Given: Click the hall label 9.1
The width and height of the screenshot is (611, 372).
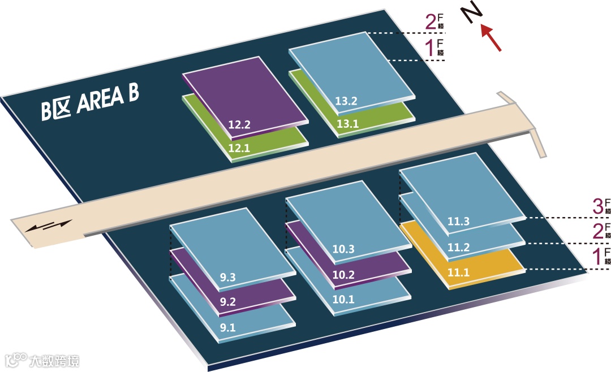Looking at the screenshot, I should [x=228, y=326].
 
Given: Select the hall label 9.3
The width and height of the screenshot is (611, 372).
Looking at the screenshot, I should [x=228, y=278].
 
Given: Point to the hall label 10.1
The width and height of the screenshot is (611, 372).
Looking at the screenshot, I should [x=343, y=299].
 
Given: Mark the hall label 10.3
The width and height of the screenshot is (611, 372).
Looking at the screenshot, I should [x=343, y=249].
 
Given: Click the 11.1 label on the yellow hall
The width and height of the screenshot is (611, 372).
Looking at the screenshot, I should [x=459, y=272].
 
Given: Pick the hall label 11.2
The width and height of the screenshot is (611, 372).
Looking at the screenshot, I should [x=459, y=247].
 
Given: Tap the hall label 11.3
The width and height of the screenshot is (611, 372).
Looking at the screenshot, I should [x=459, y=222].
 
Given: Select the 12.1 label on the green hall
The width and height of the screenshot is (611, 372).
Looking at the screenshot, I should [x=239, y=148].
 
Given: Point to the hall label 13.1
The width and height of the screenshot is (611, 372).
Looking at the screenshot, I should [x=347, y=124].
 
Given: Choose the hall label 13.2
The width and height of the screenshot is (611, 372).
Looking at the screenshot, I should [x=346, y=102].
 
